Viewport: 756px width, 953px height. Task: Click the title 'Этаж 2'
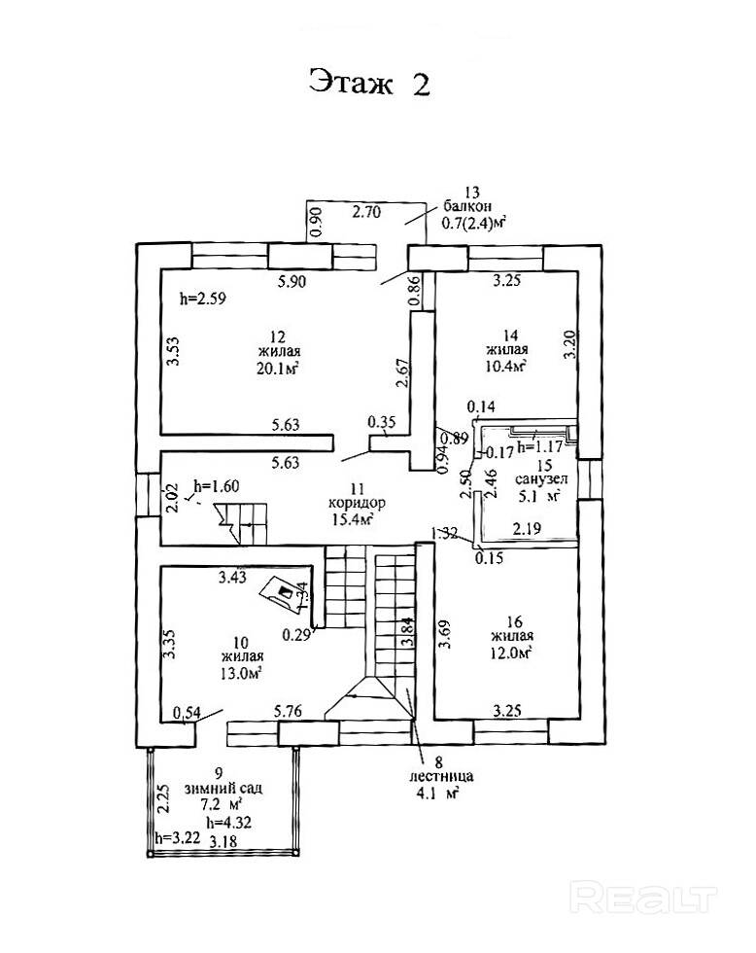click(369, 84)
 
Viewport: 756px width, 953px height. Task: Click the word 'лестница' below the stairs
click(440, 778)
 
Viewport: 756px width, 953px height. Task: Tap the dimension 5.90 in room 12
click(291, 283)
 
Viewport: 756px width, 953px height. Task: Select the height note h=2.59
click(203, 300)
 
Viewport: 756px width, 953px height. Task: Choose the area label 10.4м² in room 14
click(506, 367)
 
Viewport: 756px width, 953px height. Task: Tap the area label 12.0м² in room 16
click(510, 653)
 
